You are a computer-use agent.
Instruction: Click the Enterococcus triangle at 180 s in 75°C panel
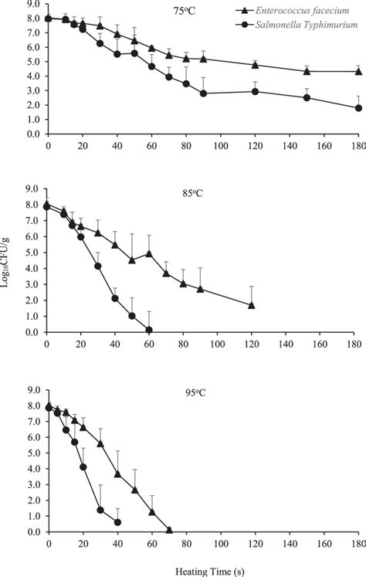tap(358, 71)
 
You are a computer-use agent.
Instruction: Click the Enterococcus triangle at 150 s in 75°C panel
tap(307, 71)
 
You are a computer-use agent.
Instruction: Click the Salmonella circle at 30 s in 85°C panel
tap(98, 266)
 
